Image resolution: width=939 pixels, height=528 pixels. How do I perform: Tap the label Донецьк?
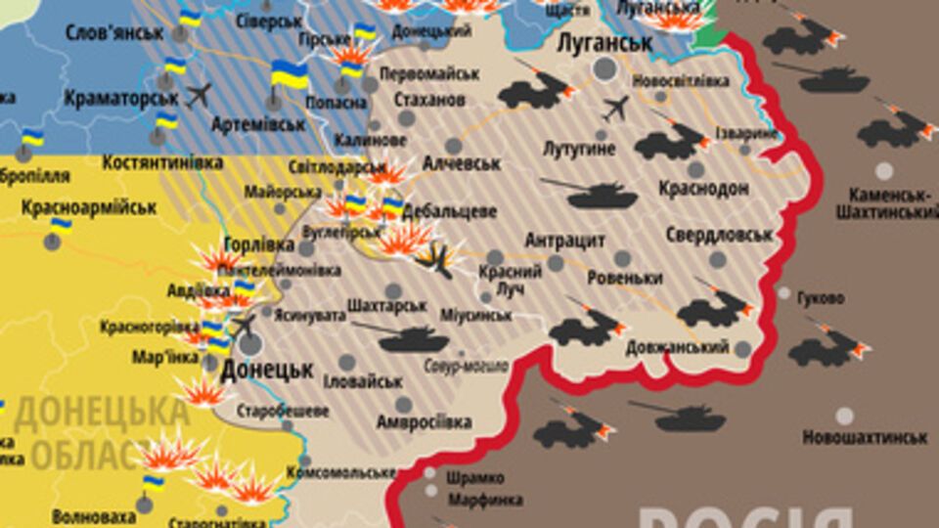coord(267,371)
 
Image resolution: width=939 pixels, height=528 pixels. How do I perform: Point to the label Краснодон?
coord(703,188)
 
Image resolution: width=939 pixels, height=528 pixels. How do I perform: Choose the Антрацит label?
coord(565,241)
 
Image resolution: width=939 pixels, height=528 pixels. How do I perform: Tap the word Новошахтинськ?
coord(865,437)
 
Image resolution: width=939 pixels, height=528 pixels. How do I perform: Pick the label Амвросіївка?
coord(424,422)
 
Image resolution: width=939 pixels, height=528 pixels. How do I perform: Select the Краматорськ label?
coord(122,98)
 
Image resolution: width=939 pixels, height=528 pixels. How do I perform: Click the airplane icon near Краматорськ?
coord(199,96)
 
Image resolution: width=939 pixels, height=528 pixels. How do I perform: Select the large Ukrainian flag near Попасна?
coord(290,75)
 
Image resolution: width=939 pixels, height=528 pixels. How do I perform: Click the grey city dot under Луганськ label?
coord(605,68)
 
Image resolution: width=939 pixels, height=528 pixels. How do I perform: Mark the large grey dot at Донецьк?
coord(251,344)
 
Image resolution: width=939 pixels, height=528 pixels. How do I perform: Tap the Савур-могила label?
coord(466,367)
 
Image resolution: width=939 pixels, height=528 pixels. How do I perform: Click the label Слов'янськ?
coord(113,32)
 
